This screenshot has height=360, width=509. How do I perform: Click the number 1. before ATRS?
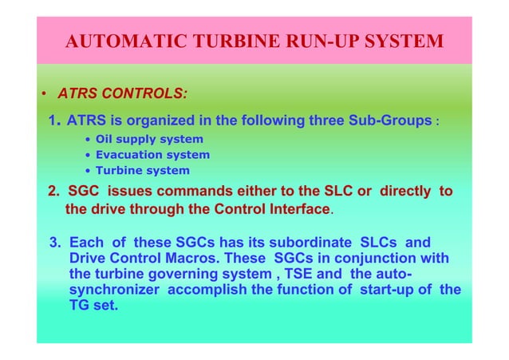tap(54, 121)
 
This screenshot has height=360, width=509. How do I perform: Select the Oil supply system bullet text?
tap(149, 139)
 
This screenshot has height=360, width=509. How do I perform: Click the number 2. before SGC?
tap(54, 192)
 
